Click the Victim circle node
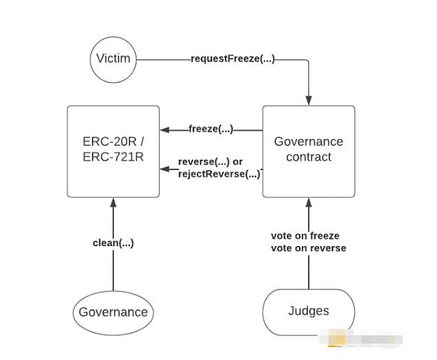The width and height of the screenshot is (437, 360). tap(113, 59)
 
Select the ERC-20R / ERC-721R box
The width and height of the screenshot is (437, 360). tap(113, 151)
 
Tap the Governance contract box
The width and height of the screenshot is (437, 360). tap(309, 151)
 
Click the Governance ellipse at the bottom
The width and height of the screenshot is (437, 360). tap(113, 313)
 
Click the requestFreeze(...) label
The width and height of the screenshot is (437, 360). tap(233, 59)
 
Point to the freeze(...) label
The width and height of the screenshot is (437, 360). tap(211, 129)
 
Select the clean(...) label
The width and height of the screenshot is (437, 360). tap(113, 243)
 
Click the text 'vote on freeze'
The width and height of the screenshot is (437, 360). tap(305, 236)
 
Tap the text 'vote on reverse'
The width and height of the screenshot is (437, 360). tap(308, 248)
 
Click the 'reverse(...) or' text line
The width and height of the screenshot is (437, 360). tap(210, 162)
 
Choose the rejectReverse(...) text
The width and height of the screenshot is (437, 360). tap(219, 174)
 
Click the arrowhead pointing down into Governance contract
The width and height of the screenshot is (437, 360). tap(309, 100)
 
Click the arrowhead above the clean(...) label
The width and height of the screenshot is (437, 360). tap(113, 202)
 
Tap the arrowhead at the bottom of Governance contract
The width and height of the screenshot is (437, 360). tap(309, 202)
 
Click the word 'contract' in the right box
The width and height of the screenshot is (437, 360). tap(309, 157)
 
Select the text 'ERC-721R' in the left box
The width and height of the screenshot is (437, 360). tap(113, 157)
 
